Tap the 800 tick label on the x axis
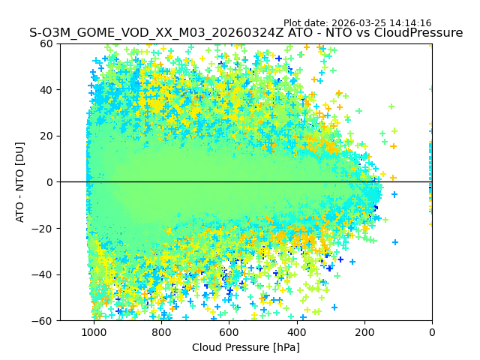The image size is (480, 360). coord(161,332)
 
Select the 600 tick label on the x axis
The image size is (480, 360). coord(229,332)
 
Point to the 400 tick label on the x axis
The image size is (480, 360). coord(297,332)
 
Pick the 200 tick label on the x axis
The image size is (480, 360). coord(364,332)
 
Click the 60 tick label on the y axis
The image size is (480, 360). coord(47,43)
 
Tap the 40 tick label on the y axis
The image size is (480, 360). coord(47,90)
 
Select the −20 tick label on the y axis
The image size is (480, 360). coord(44,229)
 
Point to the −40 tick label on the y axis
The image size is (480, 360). coord(44,274)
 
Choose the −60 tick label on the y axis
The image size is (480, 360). coord(44,321)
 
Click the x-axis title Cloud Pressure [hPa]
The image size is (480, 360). coord(246,347)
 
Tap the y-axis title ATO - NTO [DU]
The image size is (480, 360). coord(20,182)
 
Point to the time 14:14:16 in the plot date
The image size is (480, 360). coord(411,23)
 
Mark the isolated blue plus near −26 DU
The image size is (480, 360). coord(395,242)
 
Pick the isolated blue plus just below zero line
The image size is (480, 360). coord(394,194)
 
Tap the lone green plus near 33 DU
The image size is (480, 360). coord(391,106)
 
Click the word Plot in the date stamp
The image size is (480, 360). coord(293,23)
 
